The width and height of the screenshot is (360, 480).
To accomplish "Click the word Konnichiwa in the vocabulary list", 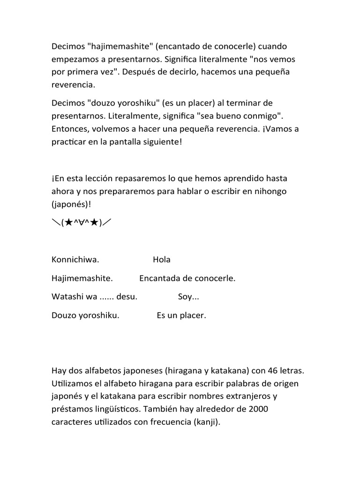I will pyautogui.click(x=75, y=260).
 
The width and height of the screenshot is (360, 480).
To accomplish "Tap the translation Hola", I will pyautogui.click(x=162, y=260).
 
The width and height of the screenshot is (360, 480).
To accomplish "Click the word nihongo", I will pyautogui.click(x=270, y=192).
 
